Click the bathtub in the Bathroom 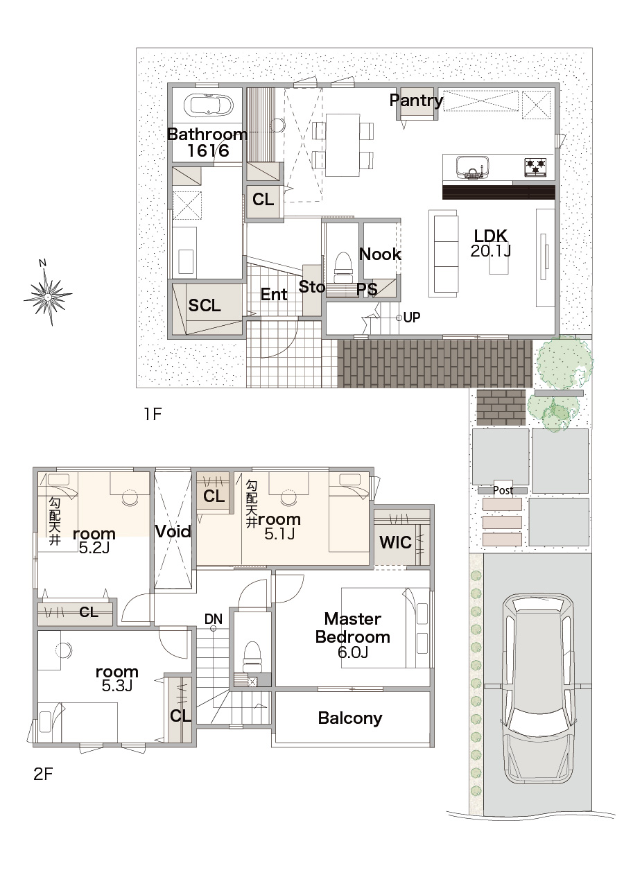(208, 105)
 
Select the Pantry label (416, 101)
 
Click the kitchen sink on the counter (472, 167)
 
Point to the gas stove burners (535, 166)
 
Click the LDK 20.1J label (490, 243)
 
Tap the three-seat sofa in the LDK (443, 253)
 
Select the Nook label (380, 254)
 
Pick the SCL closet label (205, 305)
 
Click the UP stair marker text (411, 318)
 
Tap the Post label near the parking (503, 490)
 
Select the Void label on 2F (173, 531)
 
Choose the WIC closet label (395, 542)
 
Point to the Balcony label (350, 718)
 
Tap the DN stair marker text (214, 619)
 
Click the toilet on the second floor (252, 654)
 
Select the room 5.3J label (116, 678)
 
